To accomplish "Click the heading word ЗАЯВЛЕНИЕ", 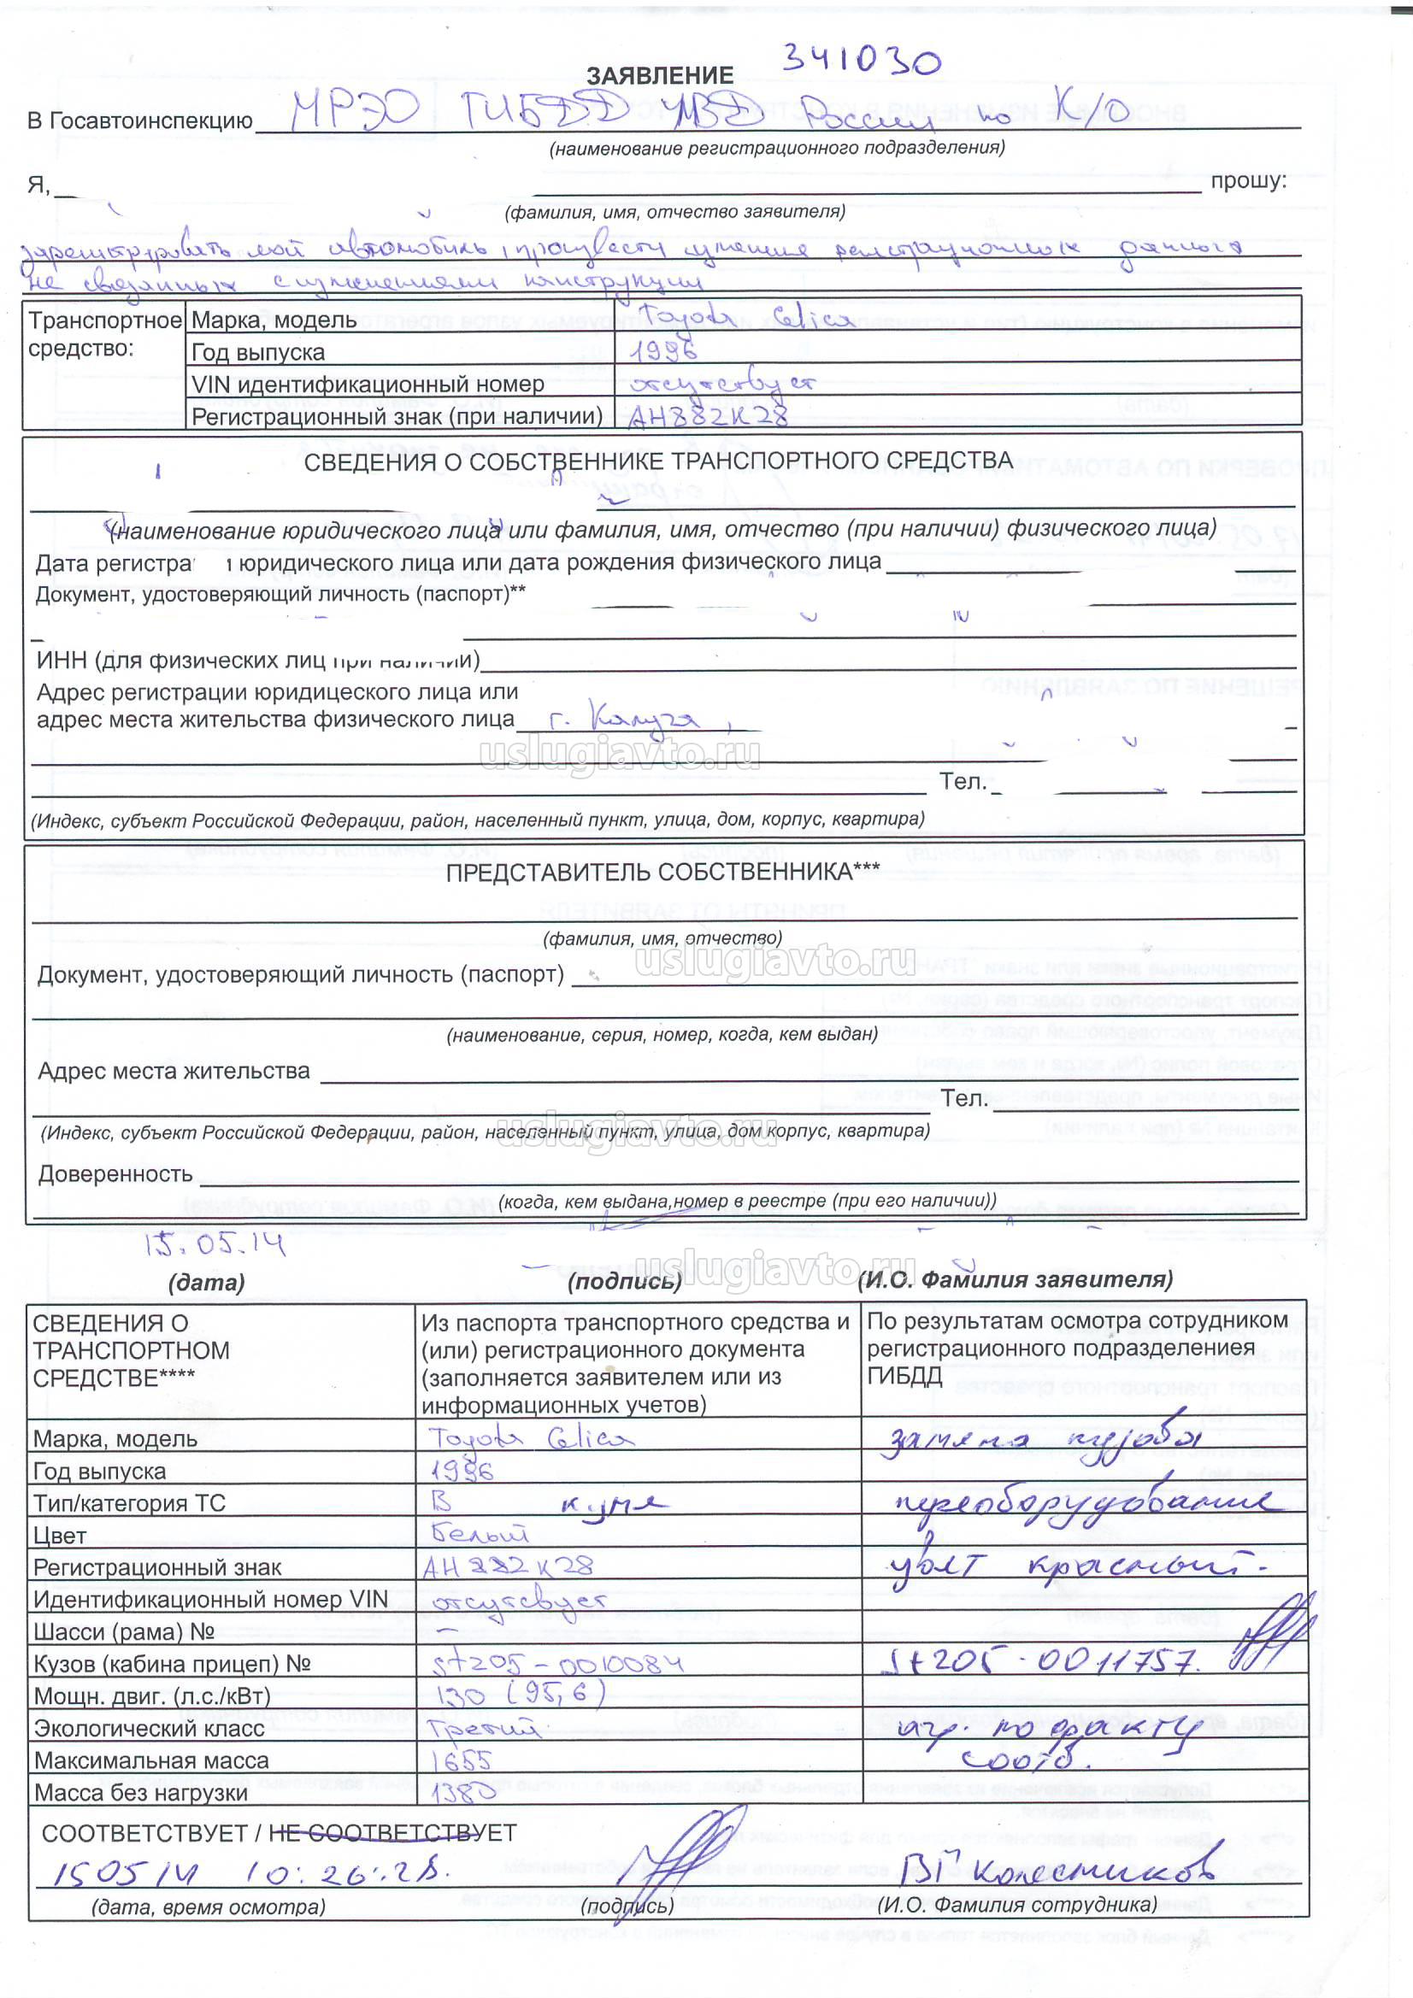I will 659,76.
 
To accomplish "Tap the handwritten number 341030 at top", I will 860,59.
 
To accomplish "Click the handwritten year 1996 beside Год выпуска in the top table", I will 662,351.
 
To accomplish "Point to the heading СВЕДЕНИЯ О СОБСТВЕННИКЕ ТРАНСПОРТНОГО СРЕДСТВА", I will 657,461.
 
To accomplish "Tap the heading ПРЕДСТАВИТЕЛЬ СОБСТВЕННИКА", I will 662,873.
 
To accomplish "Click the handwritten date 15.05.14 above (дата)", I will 215,1245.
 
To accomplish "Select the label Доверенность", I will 115,1174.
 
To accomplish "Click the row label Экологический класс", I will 148,1728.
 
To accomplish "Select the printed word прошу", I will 1247,181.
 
